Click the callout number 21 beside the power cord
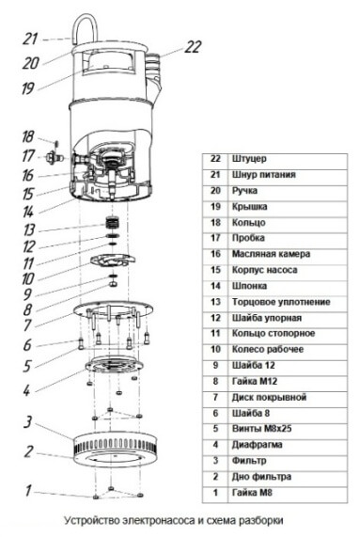pos(30,39)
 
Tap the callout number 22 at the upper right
pos(193,47)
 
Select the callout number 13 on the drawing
pos(29,229)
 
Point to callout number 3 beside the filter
pos(28,422)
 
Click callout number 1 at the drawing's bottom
pos(28,490)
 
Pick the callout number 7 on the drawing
pos(27,325)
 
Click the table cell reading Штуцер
pos(249,159)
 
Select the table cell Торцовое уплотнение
pos(281,302)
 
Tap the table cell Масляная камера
pos(271,254)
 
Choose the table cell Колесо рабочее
pos(268,349)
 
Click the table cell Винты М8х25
pos(262,429)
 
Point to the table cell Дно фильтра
pos(261,477)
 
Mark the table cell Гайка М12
pos(255,381)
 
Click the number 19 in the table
pos(215,207)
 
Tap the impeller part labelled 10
pos(112,261)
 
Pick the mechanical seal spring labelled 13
pos(113,223)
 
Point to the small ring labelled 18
pos(56,142)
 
